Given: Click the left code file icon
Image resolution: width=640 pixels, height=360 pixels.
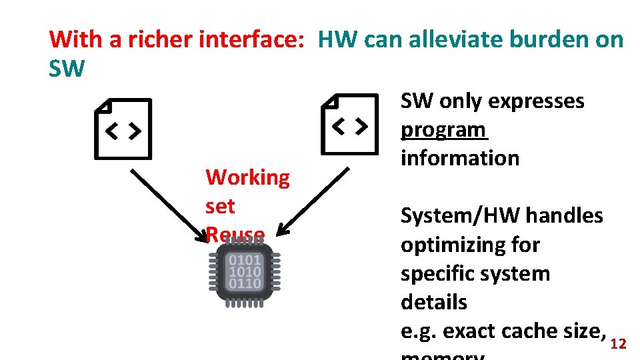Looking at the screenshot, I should coord(123,129).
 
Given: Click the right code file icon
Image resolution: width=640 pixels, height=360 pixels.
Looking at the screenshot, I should coord(350,124).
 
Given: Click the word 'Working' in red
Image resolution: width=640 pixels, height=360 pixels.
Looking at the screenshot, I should coord(247,177).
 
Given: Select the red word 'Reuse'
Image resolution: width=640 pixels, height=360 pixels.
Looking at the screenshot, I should coord(235,234).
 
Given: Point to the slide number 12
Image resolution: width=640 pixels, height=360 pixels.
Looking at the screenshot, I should coord(618,344).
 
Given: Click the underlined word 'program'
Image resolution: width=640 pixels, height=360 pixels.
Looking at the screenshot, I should coord(443,129).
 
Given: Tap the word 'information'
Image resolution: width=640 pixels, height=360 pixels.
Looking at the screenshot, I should coord(459,158).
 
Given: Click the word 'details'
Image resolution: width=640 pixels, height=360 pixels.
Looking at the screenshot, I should coord(433,302).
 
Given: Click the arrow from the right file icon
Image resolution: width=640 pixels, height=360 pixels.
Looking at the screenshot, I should coord(313,201).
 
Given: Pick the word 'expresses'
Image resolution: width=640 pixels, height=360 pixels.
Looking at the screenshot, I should coord(536,101).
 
